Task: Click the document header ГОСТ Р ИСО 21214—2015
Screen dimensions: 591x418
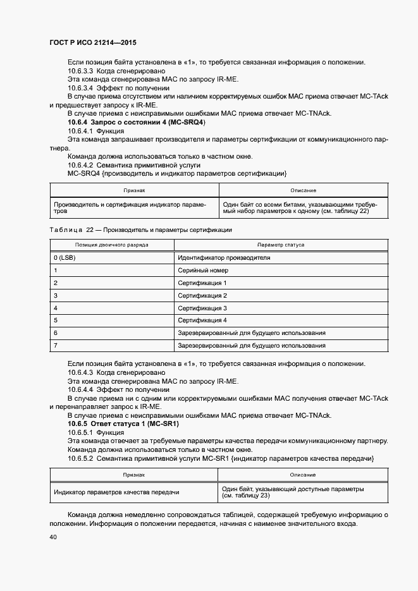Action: coord(92,42)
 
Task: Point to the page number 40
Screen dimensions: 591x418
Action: coord(52,537)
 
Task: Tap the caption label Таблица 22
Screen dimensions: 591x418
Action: coord(72,230)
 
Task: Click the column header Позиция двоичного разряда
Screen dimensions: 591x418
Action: coord(112,244)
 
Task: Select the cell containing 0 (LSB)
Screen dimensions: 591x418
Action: coord(65,258)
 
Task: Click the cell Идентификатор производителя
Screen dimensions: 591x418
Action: coord(224,258)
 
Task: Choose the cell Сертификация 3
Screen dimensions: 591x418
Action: coord(202,308)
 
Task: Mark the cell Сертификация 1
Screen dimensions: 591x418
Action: coord(202,283)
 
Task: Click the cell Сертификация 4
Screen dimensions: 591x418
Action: coord(202,320)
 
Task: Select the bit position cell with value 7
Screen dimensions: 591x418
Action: coord(56,345)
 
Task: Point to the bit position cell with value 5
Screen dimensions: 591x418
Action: coord(56,320)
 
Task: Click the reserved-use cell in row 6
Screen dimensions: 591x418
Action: coord(252,332)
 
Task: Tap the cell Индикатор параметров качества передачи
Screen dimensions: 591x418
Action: coord(116,492)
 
